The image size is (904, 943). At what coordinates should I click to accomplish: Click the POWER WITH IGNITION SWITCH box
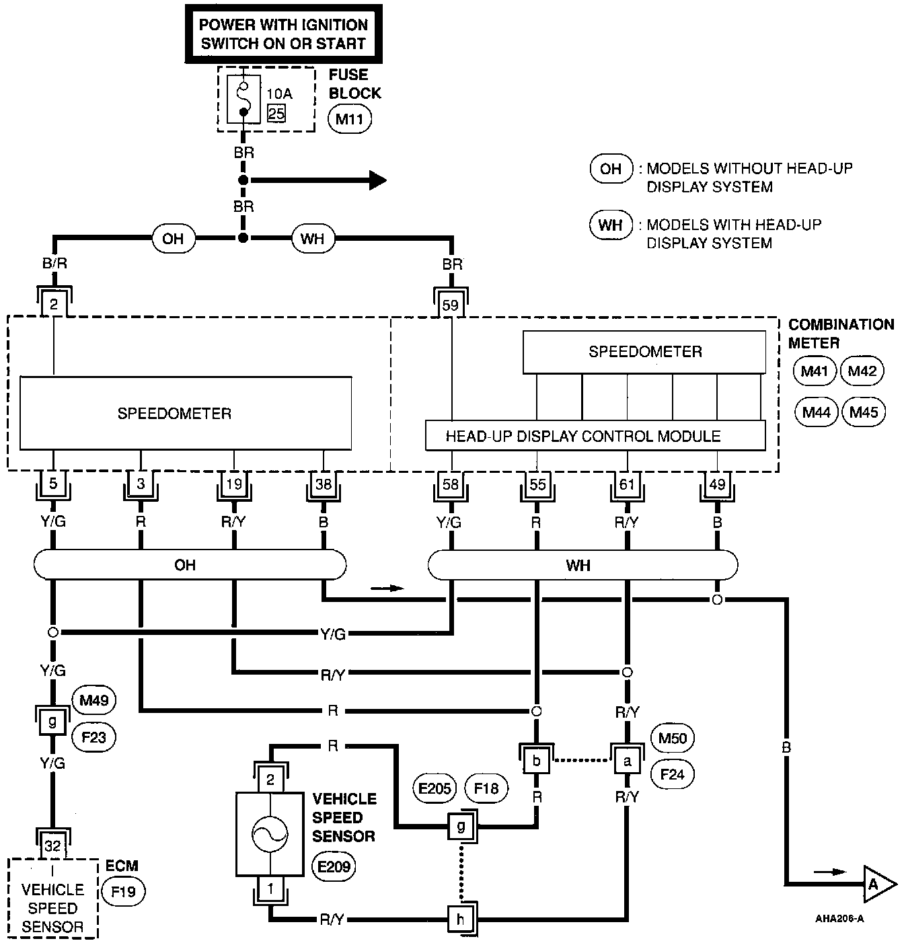pyautogui.click(x=283, y=34)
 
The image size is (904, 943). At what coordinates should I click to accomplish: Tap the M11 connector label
pyautogui.click(x=349, y=120)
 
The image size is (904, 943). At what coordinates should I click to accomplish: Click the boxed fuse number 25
pyautogui.click(x=276, y=113)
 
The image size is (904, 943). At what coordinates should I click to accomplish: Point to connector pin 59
pyautogui.click(x=451, y=305)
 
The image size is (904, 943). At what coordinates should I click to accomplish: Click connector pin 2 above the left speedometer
pyautogui.click(x=54, y=305)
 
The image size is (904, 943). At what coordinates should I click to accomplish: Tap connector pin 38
pyautogui.click(x=324, y=484)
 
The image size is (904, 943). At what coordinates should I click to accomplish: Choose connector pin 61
pyautogui.click(x=627, y=484)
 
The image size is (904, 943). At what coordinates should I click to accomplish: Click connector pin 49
pyautogui.click(x=717, y=484)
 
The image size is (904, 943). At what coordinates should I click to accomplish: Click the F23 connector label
pyautogui.click(x=93, y=737)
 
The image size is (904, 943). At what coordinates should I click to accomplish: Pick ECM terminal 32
pyautogui.click(x=52, y=845)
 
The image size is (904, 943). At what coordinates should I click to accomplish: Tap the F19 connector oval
pyautogui.click(x=123, y=893)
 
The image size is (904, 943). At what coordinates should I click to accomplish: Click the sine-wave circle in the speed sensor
pyautogui.click(x=270, y=835)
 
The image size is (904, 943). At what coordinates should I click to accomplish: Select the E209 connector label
pyautogui.click(x=334, y=867)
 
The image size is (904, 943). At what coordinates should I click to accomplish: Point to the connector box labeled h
pyautogui.click(x=461, y=919)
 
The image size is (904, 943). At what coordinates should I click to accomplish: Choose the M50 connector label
pyautogui.click(x=673, y=739)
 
